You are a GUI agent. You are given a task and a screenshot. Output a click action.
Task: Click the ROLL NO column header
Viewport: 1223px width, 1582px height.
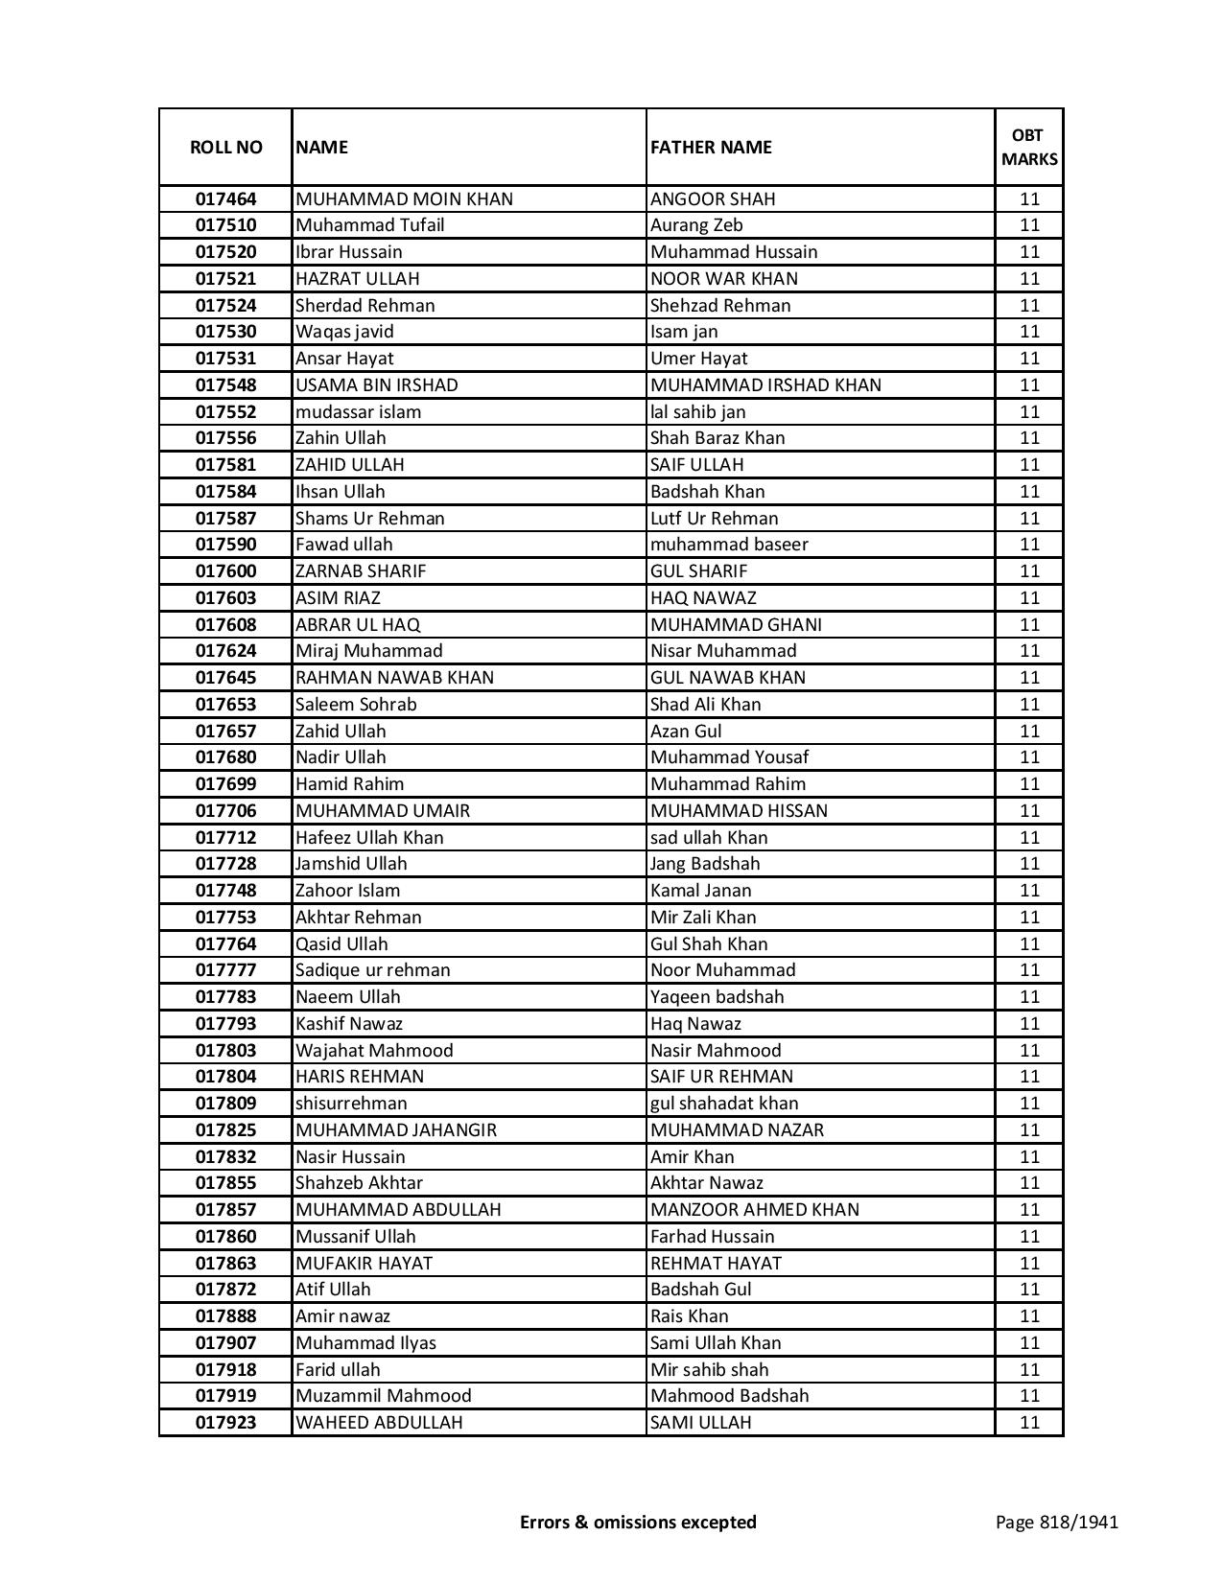coord(225,147)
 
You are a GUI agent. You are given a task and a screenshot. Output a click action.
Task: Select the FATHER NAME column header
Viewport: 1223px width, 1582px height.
coord(711,147)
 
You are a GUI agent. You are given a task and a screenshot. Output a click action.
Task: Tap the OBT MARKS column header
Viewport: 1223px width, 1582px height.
coord(1029,147)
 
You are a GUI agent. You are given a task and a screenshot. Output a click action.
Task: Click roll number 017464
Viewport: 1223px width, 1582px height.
coord(225,199)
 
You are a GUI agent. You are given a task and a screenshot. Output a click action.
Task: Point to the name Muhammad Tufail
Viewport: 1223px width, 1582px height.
coord(369,225)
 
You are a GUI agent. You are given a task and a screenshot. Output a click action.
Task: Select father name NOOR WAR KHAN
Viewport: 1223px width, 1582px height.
coord(723,279)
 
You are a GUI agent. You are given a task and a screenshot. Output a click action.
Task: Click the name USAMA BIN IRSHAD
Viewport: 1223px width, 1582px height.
coord(376,385)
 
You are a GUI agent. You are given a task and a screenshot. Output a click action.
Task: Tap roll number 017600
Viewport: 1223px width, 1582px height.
coord(225,571)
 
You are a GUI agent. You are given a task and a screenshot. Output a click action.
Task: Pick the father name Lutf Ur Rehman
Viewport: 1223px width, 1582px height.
coord(714,519)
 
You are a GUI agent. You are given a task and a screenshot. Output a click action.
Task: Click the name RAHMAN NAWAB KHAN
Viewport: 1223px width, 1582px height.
coord(394,678)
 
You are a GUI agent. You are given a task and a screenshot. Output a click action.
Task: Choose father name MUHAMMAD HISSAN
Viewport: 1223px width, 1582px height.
coord(739,811)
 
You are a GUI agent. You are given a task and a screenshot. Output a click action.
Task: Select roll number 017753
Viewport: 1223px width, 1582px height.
coord(225,918)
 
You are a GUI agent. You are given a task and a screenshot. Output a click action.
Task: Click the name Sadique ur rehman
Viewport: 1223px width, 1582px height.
coord(372,970)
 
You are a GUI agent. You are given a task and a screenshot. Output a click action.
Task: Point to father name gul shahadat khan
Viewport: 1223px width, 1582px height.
coord(724,1104)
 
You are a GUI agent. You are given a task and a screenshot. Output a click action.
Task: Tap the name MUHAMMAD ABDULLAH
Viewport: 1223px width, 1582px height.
coord(398,1210)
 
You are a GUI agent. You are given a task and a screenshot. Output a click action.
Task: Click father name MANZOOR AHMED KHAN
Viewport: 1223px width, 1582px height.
coord(754,1210)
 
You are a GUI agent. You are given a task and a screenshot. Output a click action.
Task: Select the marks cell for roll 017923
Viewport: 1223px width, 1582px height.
coord(1029,1423)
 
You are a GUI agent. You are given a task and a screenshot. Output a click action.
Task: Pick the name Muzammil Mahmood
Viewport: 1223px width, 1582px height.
coord(383,1396)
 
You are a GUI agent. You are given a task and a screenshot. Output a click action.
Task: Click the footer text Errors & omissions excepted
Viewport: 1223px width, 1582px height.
coord(638,1522)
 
